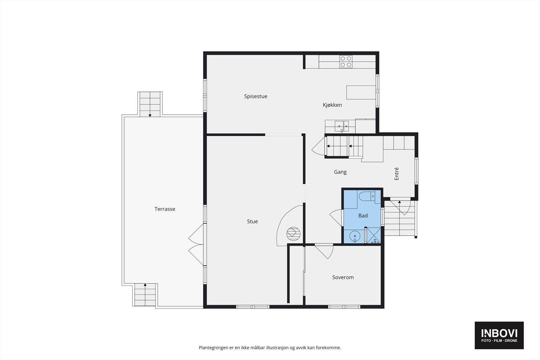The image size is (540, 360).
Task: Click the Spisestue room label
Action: click(255, 96)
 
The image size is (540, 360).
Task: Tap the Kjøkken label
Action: click(332, 105)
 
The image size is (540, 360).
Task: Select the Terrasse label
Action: click(165, 209)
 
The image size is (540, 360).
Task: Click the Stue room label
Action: click(252, 222)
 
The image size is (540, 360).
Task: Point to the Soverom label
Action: click(343, 277)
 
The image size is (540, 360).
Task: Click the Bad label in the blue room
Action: click(363, 216)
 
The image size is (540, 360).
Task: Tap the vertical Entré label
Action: click(397, 174)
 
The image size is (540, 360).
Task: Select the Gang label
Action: click(340, 172)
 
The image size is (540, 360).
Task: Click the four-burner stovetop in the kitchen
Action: click(346, 61)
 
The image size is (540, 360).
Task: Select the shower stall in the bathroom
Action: click(374, 236)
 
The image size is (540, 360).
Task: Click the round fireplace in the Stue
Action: click(292, 233)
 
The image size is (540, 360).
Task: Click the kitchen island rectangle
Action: click(361, 92)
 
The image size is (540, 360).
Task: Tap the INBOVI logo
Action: click(499, 335)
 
